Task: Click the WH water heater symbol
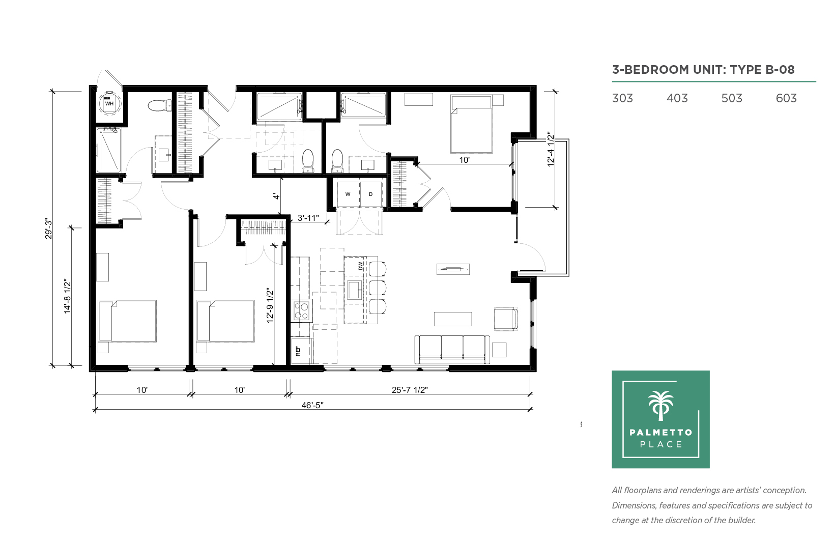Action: click(109, 103)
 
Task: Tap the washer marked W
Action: click(348, 194)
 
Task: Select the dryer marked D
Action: click(371, 194)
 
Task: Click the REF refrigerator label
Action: click(298, 351)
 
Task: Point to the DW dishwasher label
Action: click(360, 266)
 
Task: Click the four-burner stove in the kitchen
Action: click(302, 310)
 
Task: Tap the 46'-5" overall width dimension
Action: click(312, 405)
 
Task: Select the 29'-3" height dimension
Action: click(49, 229)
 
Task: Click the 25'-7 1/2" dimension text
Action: click(410, 390)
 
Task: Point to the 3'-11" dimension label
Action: click(308, 218)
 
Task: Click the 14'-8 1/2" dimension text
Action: click(67, 296)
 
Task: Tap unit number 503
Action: click(731, 98)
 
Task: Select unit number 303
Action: click(622, 98)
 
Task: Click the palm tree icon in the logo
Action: click(661, 406)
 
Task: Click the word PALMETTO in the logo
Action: click(661, 433)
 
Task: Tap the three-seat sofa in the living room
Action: click(452, 349)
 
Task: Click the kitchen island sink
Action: click(355, 290)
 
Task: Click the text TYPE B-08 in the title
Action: click(762, 70)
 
